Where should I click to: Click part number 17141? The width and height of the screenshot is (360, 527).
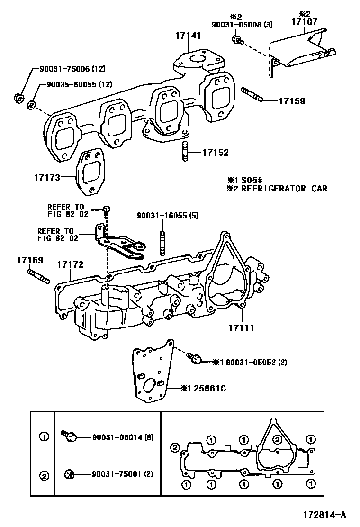[188, 36]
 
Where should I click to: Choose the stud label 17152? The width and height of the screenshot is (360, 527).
[215, 153]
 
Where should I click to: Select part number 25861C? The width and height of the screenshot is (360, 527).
[208, 388]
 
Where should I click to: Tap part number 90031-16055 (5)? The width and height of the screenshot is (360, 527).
[168, 216]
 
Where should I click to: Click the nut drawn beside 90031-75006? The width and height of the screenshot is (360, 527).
[18, 98]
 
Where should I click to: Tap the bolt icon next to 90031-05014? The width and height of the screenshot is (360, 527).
[69, 436]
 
